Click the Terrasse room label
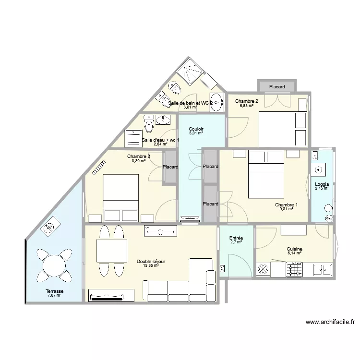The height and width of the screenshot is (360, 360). [55, 291]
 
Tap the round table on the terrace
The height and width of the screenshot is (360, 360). [54, 265]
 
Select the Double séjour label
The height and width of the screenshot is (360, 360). [151, 261]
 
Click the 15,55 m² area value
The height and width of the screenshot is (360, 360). [151, 265]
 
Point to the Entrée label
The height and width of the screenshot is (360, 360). [236, 238]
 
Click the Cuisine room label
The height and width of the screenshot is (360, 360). [294, 249]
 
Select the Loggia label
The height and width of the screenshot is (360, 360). [322, 184]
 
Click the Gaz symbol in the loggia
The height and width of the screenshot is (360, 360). [329, 218]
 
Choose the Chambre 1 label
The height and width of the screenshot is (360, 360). [286, 205]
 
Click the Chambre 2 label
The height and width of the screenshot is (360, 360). [247, 101]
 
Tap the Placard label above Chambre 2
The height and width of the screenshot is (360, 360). [277, 87]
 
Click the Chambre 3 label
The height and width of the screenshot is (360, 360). [139, 156]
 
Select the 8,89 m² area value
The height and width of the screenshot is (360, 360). [139, 161]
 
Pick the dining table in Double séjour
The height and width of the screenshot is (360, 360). [111, 250]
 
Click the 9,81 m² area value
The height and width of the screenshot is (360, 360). [286, 209]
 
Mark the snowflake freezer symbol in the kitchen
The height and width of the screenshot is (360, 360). [263, 270]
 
